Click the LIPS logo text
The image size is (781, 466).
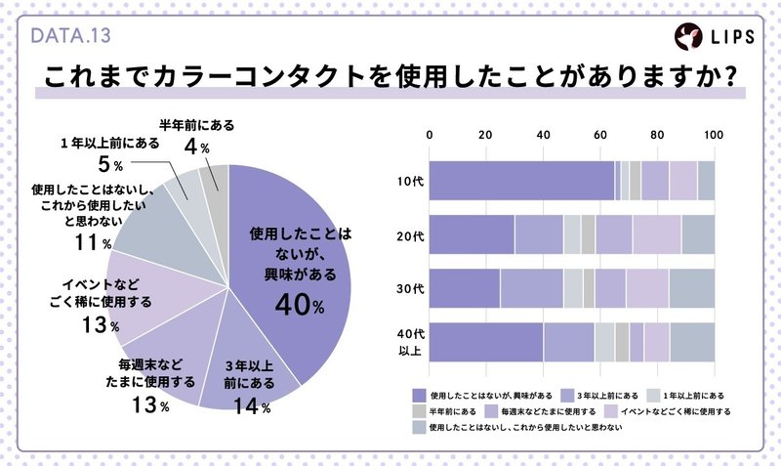(x=731, y=37)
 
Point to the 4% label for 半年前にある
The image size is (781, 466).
(x=190, y=148)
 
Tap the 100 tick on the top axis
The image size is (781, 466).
(x=714, y=135)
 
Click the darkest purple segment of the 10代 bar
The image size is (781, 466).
(x=522, y=181)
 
